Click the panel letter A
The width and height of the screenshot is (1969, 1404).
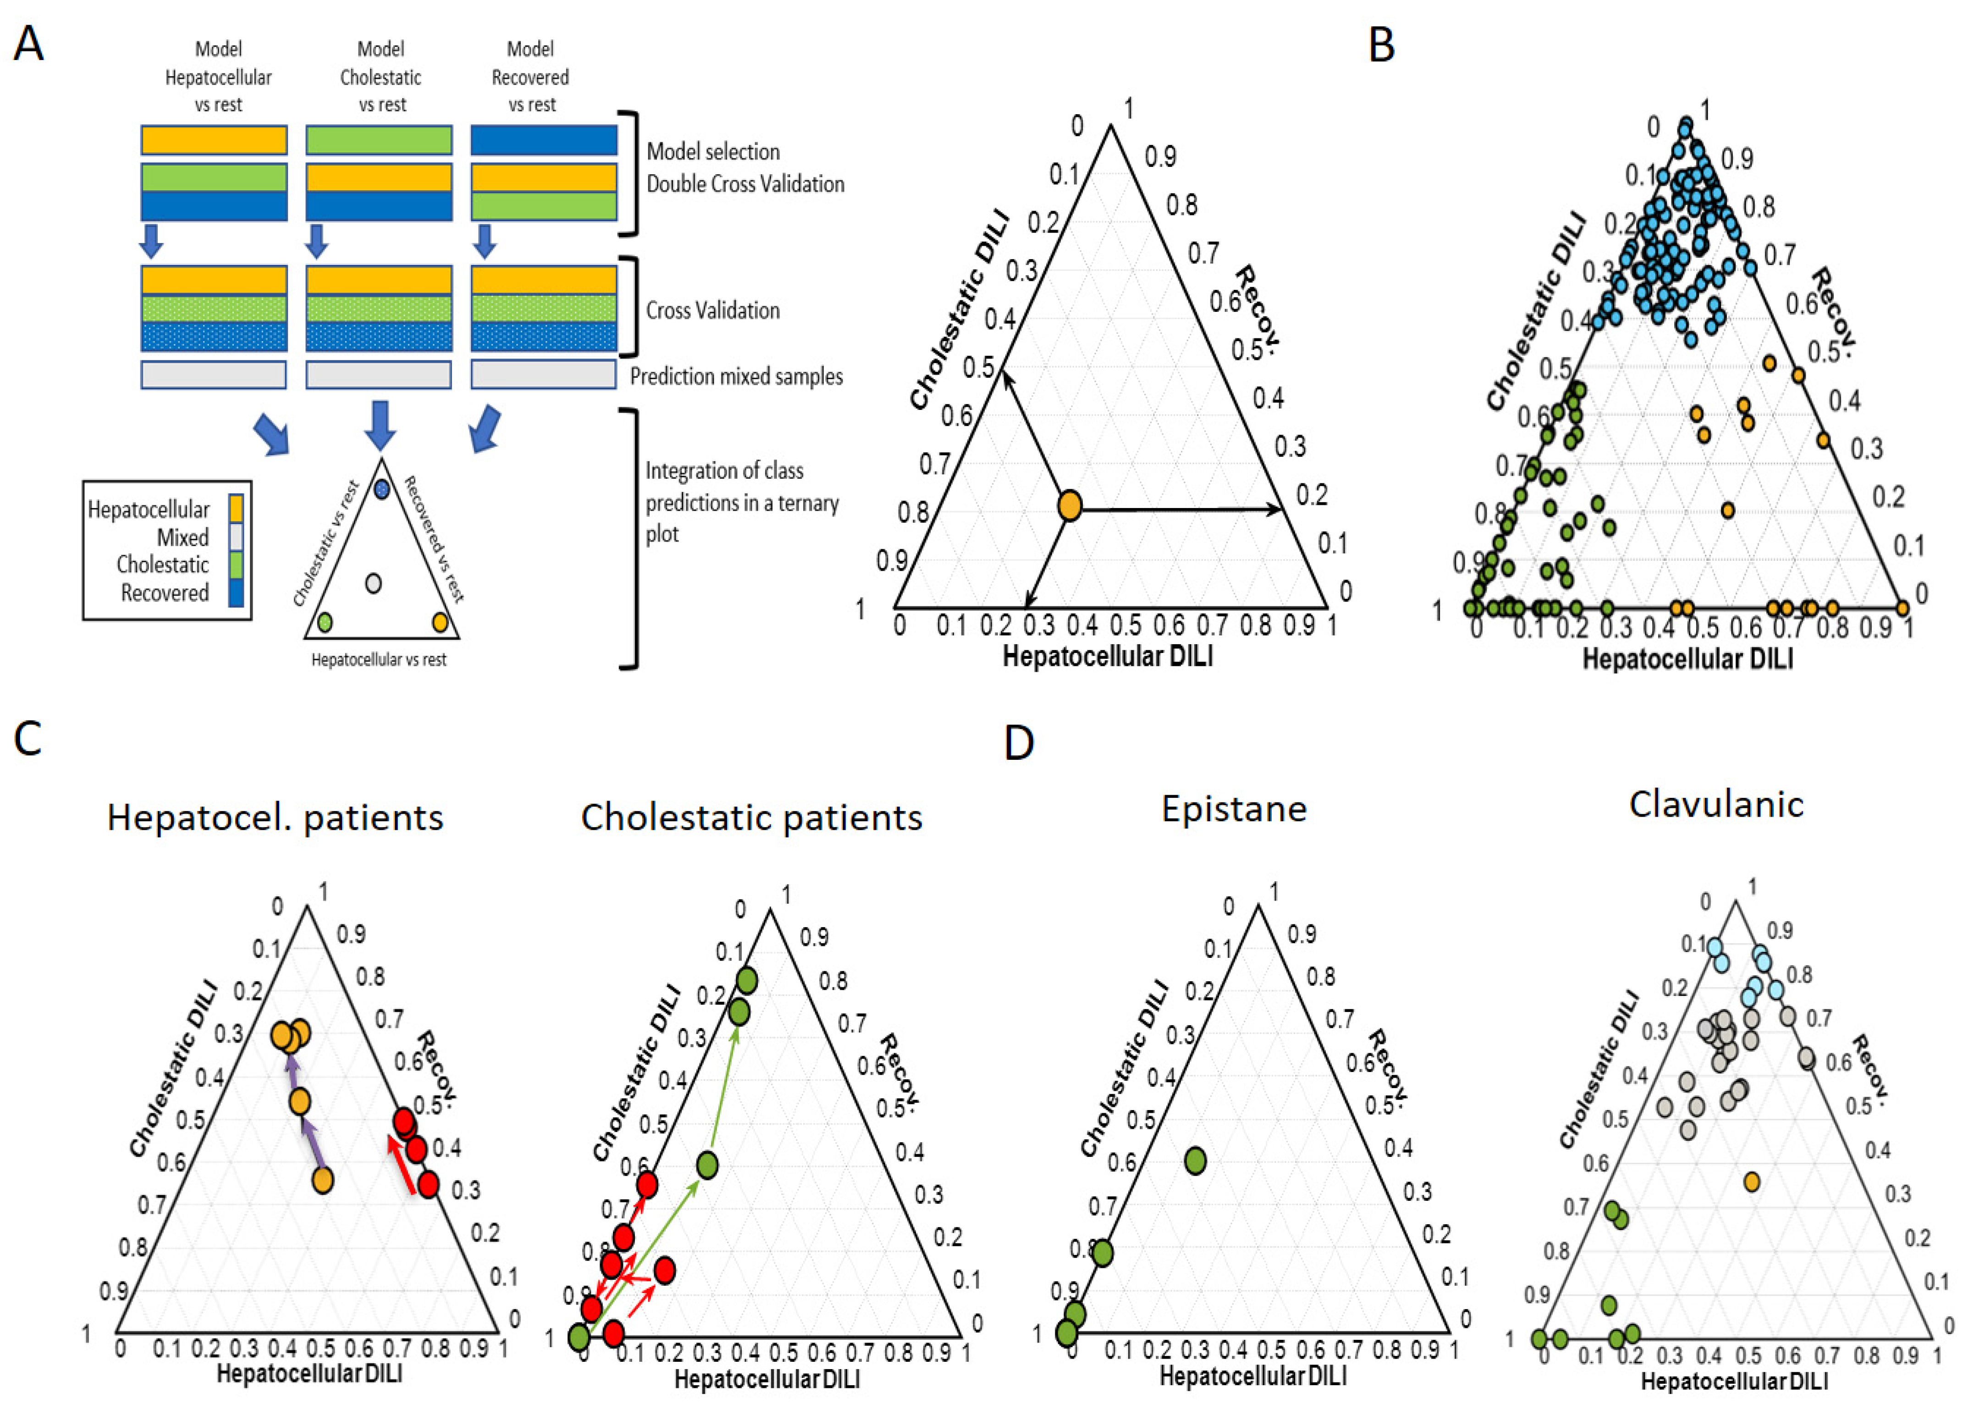pyautogui.click(x=28, y=43)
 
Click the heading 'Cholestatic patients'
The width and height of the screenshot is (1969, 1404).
pyautogui.click(x=751, y=817)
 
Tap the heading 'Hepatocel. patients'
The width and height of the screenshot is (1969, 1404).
pyautogui.click(x=275, y=817)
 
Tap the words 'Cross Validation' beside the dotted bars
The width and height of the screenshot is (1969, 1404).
pyautogui.click(x=713, y=310)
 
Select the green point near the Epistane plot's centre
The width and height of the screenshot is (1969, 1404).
pyautogui.click(x=1195, y=1160)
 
